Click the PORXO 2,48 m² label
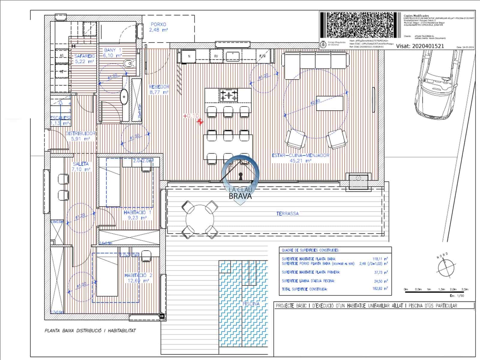click(158, 27)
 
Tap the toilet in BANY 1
click(129, 63)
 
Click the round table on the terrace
click(200, 220)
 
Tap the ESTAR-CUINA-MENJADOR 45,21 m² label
click(300, 158)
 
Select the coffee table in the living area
click(330, 103)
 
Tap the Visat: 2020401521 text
click(420, 46)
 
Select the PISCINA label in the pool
click(251, 304)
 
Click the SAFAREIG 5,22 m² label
click(84, 58)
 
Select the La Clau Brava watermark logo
click(240, 180)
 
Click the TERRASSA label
click(287, 214)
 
